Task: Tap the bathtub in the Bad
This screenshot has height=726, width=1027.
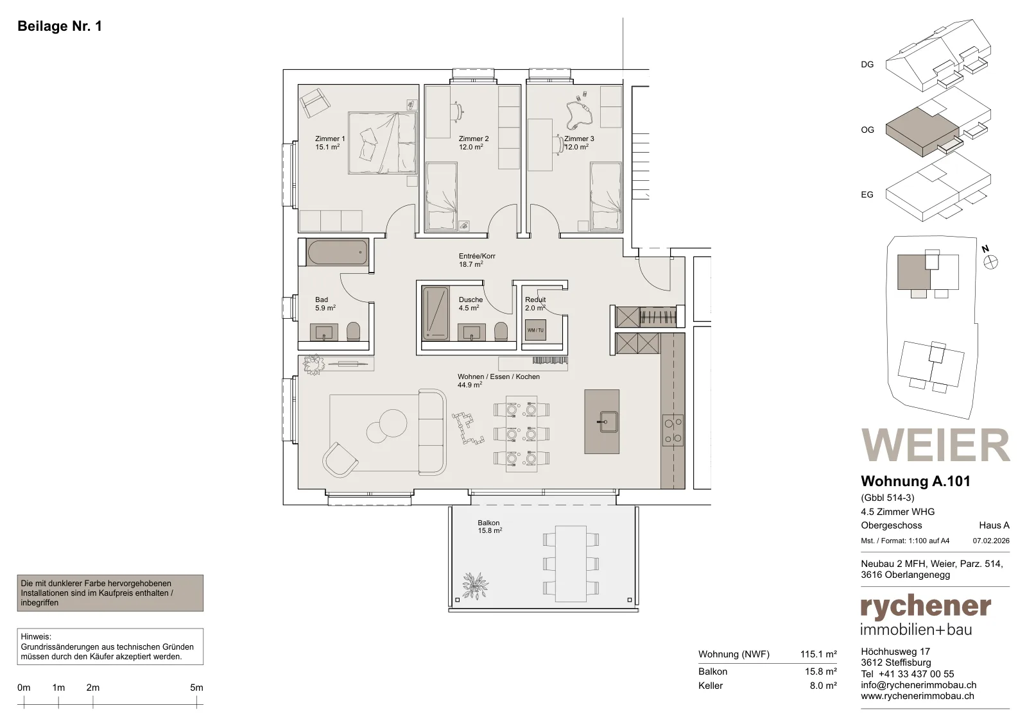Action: [x=338, y=252]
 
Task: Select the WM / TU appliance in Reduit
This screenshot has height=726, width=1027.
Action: [x=535, y=330]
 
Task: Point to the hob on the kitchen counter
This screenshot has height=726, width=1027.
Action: [x=673, y=430]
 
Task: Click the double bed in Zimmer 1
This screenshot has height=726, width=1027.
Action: [x=383, y=143]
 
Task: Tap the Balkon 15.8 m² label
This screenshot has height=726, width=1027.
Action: [x=490, y=527]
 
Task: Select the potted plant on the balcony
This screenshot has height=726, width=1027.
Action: [x=475, y=586]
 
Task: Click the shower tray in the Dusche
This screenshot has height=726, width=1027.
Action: [x=436, y=314]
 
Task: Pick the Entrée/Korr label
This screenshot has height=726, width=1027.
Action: [x=477, y=260]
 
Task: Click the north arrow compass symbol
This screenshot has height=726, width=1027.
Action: [x=990, y=262]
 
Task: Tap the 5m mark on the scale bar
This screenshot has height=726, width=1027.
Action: [x=196, y=702]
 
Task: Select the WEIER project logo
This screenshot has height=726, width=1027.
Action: [x=935, y=445]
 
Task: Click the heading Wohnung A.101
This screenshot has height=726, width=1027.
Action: [x=915, y=482]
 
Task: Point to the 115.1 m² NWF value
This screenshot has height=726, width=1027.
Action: [x=818, y=654]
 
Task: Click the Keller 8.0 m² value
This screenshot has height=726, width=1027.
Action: [x=824, y=686]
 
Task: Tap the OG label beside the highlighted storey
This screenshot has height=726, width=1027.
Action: [x=867, y=130]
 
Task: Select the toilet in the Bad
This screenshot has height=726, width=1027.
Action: [x=353, y=331]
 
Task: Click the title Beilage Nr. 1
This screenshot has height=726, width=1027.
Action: [x=60, y=26]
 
